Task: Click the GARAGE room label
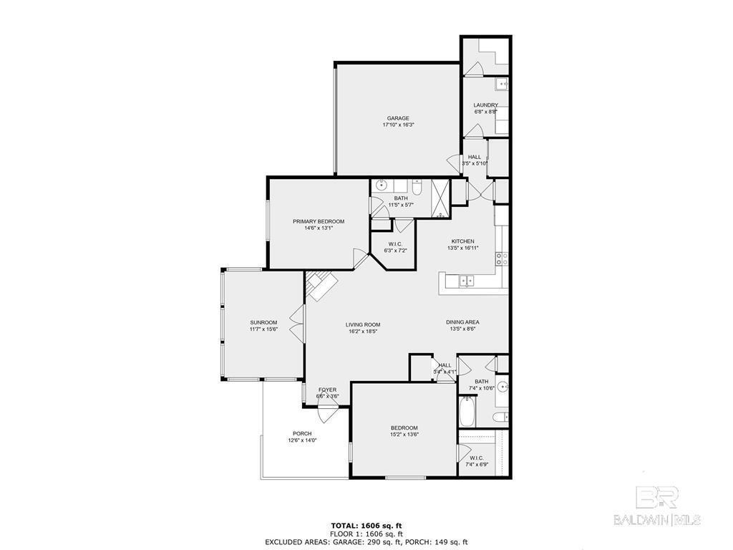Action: tap(397, 118)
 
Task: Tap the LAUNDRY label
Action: tap(485, 105)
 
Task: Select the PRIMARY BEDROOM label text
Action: tap(319, 222)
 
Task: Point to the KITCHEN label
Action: tap(463, 241)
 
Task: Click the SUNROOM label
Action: tap(263, 322)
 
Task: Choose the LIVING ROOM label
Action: tap(363, 324)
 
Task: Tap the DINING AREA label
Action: tap(462, 322)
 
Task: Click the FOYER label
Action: tap(327, 390)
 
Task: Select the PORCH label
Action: tap(303, 433)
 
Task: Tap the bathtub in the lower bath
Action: tap(467, 411)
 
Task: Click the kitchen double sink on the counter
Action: tap(467, 281)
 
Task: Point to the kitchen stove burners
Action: tap(502, 259)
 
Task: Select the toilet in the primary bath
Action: tap(417, 187)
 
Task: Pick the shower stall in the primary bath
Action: tap(440, 199)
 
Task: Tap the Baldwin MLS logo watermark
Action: tap(656, 507)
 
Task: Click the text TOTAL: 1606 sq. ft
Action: tap(366, 526)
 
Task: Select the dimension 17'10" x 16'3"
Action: tap(399, 125)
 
